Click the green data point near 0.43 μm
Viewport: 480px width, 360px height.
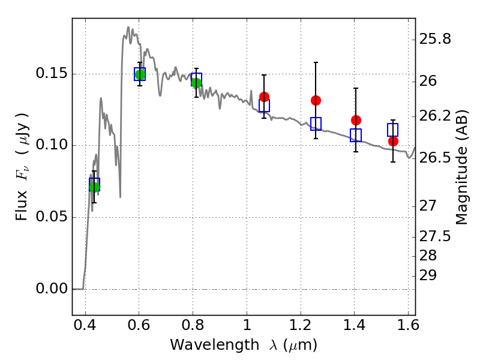[94, 187]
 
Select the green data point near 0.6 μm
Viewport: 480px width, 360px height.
[140, 74]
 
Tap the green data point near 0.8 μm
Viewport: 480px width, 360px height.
[196, 83]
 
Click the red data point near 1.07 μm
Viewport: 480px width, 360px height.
[264, 97]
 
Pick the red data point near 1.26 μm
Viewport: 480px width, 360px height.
[316, 100]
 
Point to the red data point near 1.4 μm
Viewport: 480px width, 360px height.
[356, 120]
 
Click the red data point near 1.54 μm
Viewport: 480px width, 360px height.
[393, 141]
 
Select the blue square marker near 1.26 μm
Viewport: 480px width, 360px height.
[316, 124]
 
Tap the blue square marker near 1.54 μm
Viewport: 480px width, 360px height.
[393, 130]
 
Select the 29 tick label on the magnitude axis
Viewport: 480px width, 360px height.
[430, 275]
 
